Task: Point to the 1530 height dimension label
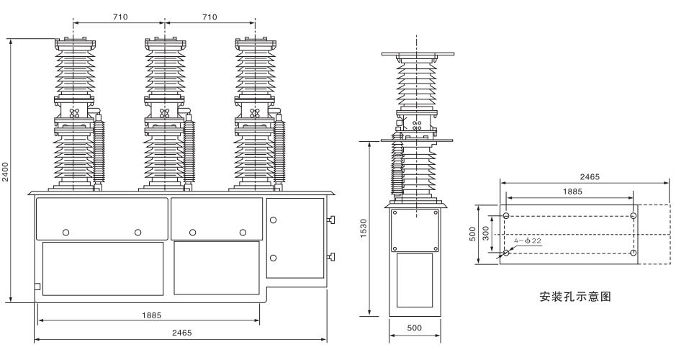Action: pyautogui.click(x=362, y=230)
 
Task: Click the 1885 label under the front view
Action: pyautogui.click(x=151, y=315)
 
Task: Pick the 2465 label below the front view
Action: pyautogui.click(x=181, y=333)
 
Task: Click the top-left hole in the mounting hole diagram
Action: pyautogui.click(x=507, y=216)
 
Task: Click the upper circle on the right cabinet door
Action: pyautogui.click(x=274, y=219)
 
